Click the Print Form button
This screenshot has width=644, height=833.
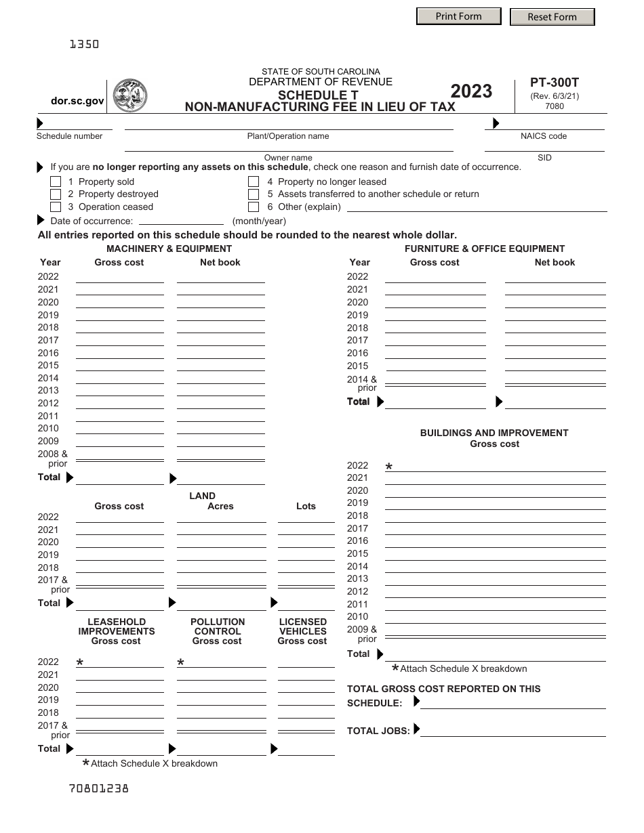(x=458, y=16)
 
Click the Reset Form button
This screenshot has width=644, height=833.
(x=552, y=17)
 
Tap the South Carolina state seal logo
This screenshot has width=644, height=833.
(x=129, y=95)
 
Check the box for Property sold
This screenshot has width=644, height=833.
(x=56, y=182)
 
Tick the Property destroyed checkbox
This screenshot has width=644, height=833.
(x=56, y=194)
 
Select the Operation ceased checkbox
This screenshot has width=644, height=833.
(x=56, y=207)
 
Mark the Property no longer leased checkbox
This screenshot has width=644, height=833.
(x=254, y=182)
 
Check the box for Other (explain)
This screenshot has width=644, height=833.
(x=254, y=207)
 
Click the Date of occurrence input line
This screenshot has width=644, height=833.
(x=181, y=220)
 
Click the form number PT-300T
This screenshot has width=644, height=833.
(x=555, y=83)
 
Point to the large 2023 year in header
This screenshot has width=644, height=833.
(x=471, y=91)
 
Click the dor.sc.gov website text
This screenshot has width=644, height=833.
(x=77, y=101)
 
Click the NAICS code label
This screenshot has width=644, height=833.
(x=543, y=136)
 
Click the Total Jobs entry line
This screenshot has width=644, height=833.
(x=512, y=731)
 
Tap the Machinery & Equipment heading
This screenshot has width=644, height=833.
(x=169, y=249)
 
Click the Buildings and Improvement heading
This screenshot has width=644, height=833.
(x=494, y=433)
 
